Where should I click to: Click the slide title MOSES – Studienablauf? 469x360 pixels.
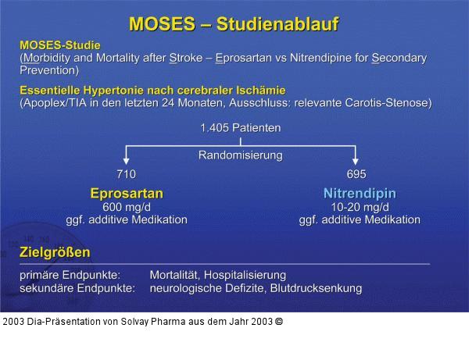(234, 23)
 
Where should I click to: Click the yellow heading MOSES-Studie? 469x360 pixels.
(60, 45)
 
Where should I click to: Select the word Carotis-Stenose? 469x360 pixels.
(388, 103)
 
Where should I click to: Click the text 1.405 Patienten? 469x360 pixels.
(240, 127)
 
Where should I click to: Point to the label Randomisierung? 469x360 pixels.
(240, 155)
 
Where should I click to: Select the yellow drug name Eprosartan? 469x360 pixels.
(127, 193)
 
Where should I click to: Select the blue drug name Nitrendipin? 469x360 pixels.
(360, 193)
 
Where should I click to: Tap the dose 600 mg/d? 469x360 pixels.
(127, 207)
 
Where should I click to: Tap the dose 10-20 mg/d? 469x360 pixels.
(360, 207)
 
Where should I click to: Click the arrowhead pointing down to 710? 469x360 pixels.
(126, 158)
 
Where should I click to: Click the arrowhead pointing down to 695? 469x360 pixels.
(356, 158)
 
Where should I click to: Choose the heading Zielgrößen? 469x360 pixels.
(55, 252)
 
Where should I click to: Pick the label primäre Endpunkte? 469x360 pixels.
(70, 275)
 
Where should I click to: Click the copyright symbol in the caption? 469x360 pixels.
(278, 321)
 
